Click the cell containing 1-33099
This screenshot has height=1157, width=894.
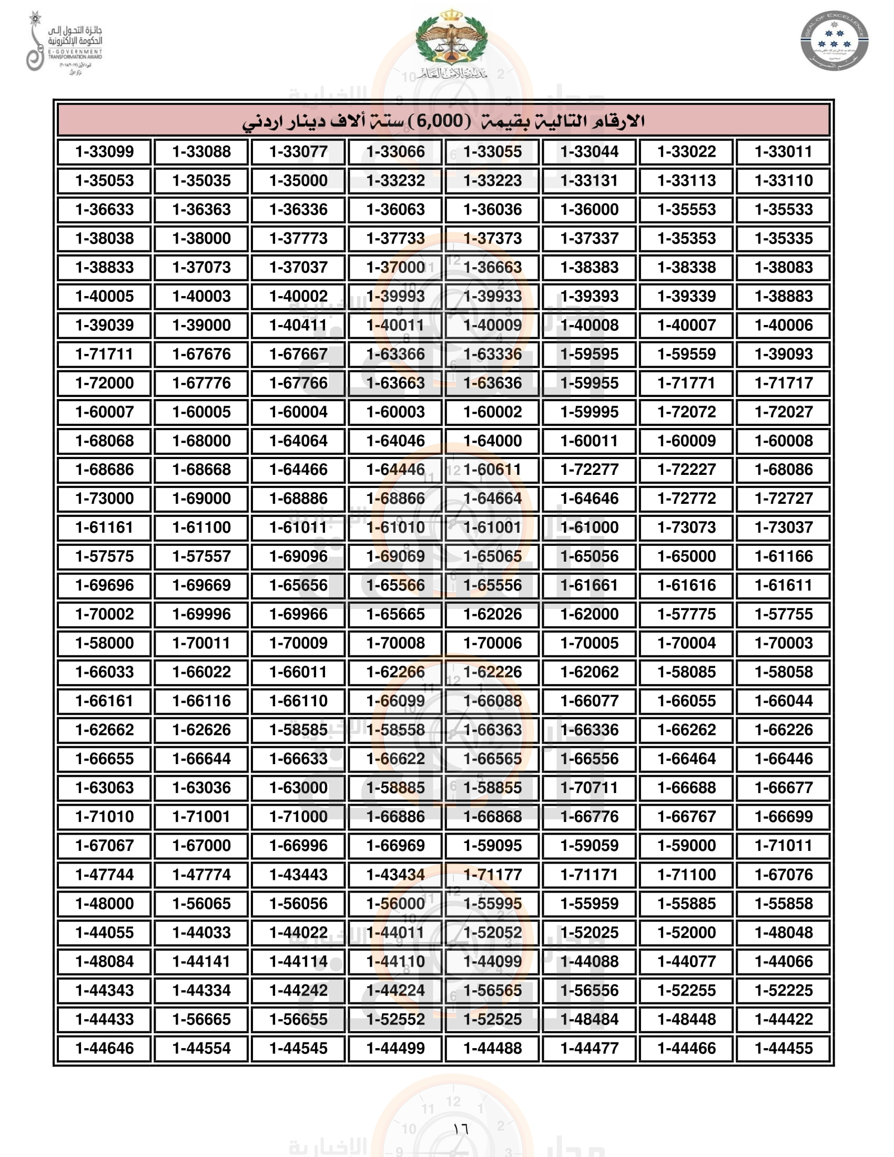[104, 151]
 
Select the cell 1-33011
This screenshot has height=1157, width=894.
[784, 151]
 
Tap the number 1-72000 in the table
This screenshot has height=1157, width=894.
[104, 383]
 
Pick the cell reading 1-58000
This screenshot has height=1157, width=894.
[104, 643]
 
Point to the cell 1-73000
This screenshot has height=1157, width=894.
[104, 499]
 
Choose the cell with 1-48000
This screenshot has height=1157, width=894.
[104, 903]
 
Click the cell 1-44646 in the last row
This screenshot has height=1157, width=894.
[104, 1048]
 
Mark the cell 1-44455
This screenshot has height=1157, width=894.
[784, 1048]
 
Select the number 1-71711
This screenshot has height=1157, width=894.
[104, 354]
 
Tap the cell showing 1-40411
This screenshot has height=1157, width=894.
[298, 325]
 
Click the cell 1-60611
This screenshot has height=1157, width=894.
[493, 469]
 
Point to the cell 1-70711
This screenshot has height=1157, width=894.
[590, 788]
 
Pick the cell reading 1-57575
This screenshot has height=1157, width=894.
[104, 556]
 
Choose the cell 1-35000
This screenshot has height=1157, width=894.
[298, 180]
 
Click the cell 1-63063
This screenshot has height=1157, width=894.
[104, 788]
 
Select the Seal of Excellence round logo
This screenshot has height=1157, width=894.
[834, 40]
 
